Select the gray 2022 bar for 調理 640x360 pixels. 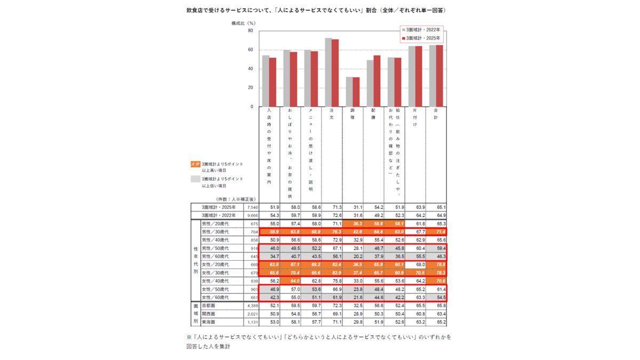349,92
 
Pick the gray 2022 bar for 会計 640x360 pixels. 433,76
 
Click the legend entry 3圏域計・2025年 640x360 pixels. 422,38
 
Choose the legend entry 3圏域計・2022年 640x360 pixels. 422,30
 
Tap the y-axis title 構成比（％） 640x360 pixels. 243,23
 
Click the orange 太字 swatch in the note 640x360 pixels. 195,164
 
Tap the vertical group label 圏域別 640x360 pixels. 195,314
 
